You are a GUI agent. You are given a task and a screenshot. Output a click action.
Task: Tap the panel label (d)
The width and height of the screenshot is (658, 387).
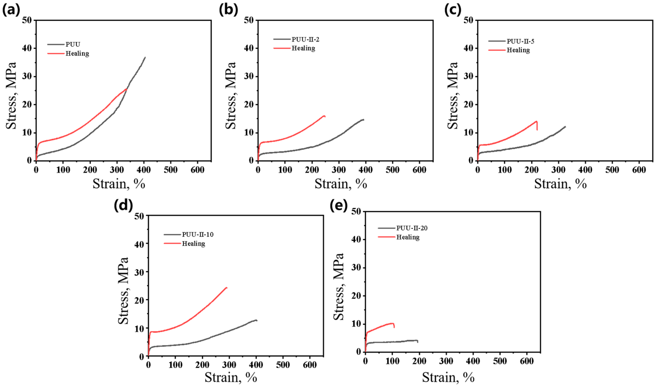[123, 205]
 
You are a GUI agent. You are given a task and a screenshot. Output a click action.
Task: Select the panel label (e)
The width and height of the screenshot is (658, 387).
[339, 205]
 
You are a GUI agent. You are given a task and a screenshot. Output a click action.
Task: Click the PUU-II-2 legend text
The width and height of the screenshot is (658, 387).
[305, 39]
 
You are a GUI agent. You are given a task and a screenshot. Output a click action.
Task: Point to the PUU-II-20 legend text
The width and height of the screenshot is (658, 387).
[412, 228]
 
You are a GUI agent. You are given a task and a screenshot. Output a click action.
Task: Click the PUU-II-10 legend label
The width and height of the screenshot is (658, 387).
[198, 234]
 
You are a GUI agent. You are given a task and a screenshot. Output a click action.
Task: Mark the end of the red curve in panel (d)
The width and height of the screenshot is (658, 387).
[227, 288]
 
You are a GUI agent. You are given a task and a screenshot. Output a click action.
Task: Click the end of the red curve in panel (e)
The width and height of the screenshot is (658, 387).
[394, 327]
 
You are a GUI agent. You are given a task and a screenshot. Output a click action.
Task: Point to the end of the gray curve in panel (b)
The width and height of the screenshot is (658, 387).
[363, 120]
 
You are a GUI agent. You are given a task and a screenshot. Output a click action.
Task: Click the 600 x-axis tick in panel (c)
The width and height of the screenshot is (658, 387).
[639, 170]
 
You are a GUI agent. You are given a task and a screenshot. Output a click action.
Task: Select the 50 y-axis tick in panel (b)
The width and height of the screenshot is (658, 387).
[249, 20]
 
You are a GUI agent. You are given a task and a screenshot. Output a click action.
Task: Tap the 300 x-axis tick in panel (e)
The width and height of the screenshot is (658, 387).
[446, 361]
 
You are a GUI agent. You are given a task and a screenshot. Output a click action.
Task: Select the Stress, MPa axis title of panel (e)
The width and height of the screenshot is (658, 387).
[339, 286]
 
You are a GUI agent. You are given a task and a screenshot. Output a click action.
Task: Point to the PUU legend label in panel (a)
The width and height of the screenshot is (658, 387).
[73, 44]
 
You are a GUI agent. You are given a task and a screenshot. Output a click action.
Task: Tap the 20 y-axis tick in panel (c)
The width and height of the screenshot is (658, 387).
[468, 105]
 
